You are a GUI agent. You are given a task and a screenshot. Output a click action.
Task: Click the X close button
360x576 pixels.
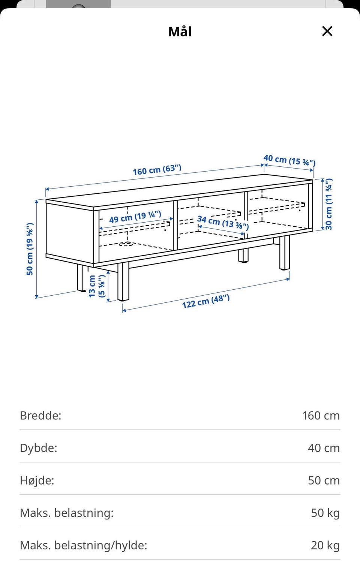[327, 31]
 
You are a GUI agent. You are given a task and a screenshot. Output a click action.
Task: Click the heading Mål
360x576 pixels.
[180, 31]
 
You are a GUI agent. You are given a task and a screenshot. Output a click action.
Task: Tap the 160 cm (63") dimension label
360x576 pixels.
[157, 170]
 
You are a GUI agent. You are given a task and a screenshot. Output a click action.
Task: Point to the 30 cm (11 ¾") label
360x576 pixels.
[328, 204]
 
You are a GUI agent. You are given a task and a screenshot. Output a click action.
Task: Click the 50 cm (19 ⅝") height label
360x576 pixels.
[30, 249]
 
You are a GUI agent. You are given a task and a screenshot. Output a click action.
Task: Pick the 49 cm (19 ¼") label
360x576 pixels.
[135, 217]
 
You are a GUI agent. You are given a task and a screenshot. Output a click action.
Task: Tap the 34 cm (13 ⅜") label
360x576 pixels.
[223, 223]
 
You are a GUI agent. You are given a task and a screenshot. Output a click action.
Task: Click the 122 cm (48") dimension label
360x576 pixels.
[206, 301]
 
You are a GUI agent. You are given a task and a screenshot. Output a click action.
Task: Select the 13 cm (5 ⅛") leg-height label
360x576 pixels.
[97, 286]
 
